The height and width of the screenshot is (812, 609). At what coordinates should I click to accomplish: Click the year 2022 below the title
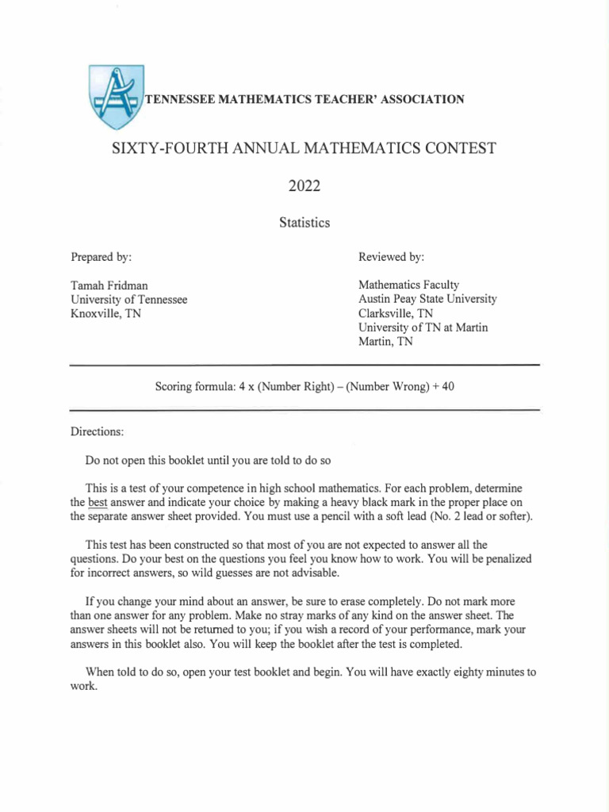pyautogui.click(x=304, y=186)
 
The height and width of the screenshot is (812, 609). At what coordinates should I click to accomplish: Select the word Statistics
pyautogui.click(x=304, y=223)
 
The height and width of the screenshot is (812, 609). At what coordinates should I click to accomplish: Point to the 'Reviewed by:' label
pyautogui.click(x=391, y=258)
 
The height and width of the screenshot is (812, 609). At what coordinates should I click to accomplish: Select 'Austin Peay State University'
pyautogui.click(x=427, y=299)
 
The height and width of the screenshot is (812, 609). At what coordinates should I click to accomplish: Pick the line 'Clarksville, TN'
pyautogui.click(x=396, y=313)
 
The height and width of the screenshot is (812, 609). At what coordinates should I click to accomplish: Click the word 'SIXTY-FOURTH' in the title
pyautogui.click(x=162, y=148)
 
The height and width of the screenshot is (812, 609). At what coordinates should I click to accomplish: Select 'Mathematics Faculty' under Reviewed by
pyautogui.click(x=408, y=285)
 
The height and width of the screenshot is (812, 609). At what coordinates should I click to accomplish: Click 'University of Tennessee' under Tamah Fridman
pyautogui.click(x=129, y=299)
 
